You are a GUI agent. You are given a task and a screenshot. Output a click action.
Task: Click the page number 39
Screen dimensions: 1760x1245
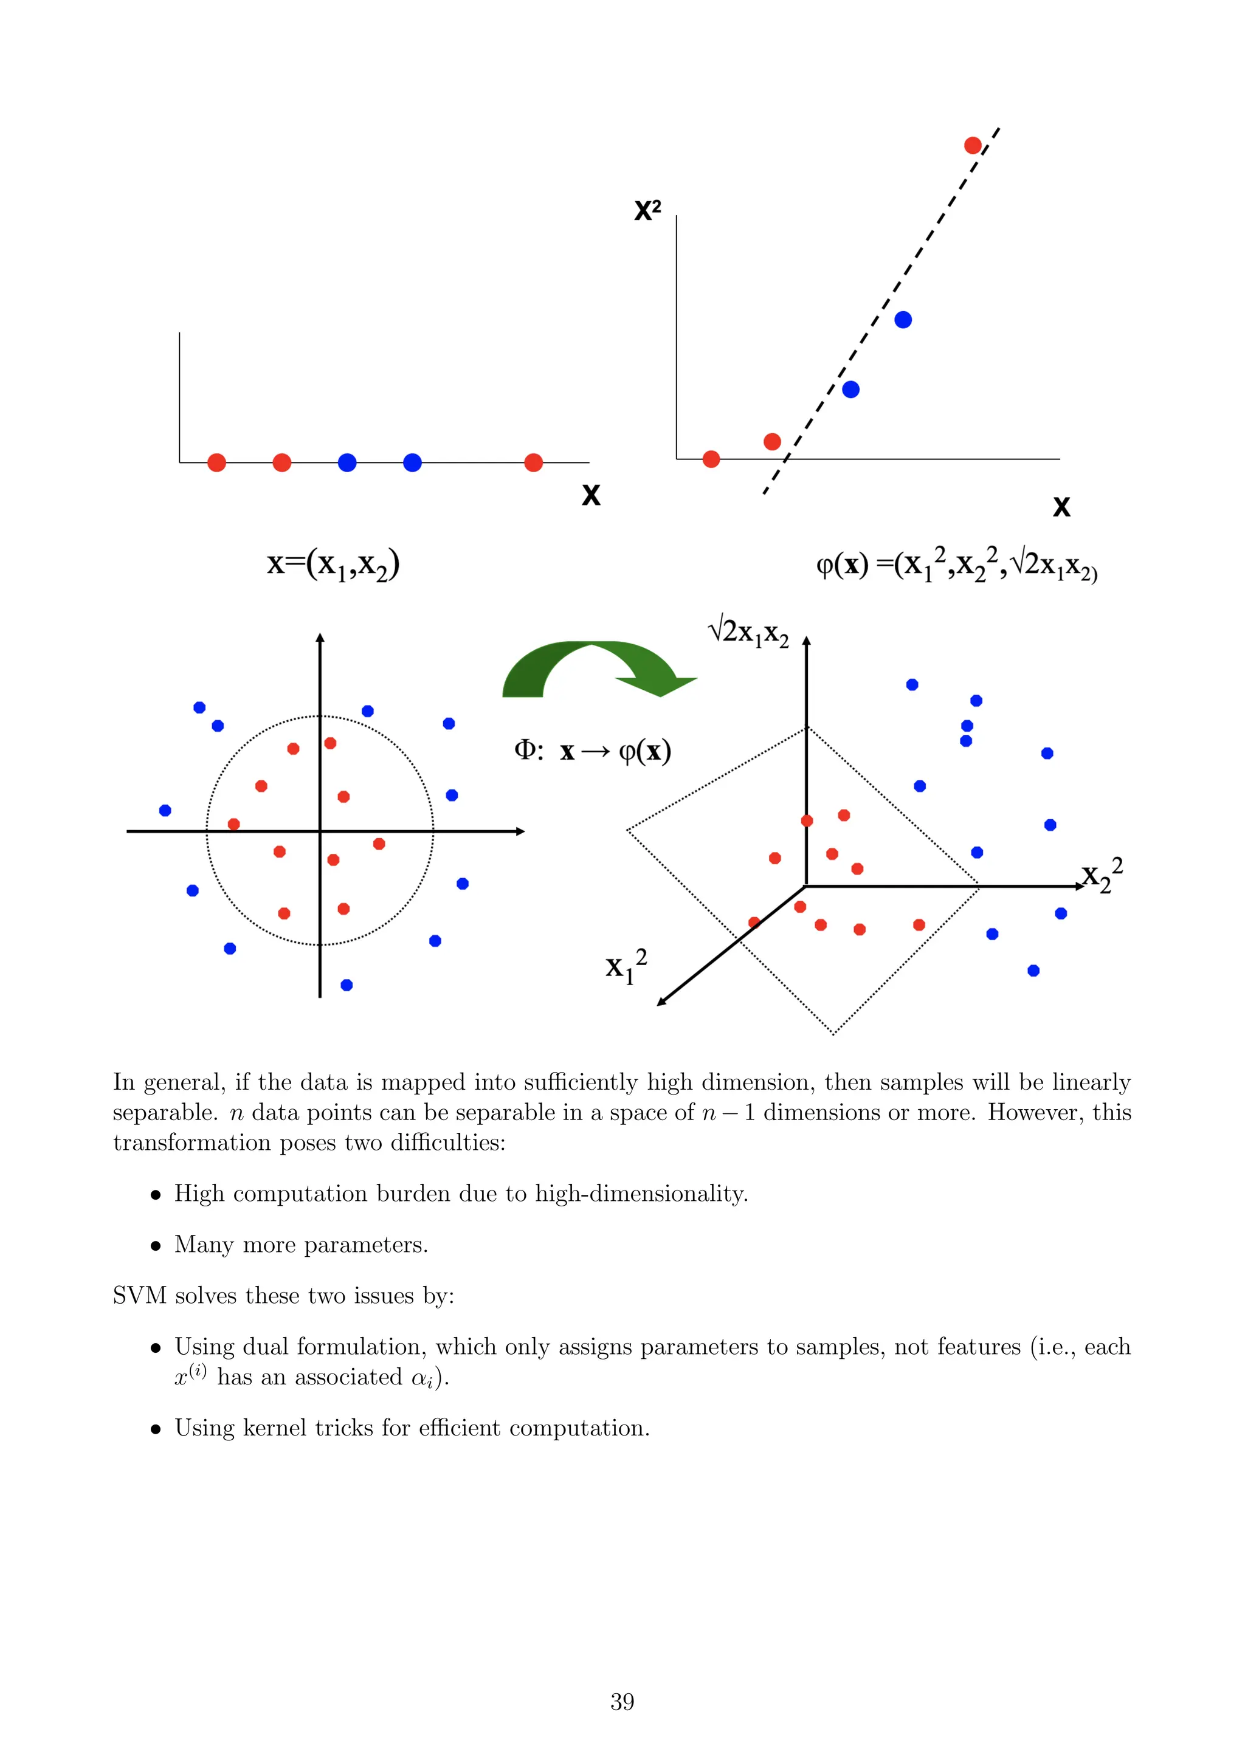[x=622, y=1701]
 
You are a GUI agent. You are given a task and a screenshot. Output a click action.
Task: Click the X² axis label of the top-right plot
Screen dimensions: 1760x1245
[x=647, y=210]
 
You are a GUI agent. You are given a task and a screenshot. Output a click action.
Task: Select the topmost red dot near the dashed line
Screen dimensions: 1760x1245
[x=972, y=146]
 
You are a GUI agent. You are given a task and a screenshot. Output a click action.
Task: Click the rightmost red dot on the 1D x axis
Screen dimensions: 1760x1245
[x=534, y=462]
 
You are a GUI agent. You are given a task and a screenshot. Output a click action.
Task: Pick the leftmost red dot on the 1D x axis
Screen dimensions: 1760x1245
[x=217, y=462]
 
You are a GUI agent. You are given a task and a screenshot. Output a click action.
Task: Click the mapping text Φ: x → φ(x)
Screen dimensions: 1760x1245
[x=592, y=751]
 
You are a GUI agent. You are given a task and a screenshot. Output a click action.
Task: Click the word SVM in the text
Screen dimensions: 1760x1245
[x=139, y=1296]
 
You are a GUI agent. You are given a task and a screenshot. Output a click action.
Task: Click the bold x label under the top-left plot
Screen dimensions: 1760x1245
[x=590, y=495]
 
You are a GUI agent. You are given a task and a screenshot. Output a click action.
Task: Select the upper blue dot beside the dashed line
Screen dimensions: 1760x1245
[x=903, y=320]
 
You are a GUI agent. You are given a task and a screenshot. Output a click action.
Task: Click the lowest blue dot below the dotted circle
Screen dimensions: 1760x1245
[x=347, y=985]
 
